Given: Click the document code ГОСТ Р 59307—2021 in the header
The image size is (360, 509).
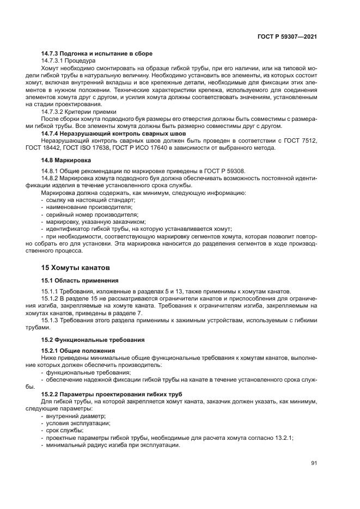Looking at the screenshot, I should [287, 36].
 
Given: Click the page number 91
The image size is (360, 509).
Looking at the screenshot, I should [314, 463].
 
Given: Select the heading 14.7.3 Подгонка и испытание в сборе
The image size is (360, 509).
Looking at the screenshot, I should [96, 53].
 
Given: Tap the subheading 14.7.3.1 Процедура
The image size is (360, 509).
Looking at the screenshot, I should [68, 61].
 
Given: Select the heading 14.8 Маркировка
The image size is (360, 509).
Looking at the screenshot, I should [65, 161].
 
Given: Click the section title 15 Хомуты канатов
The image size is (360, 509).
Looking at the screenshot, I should [76, 268].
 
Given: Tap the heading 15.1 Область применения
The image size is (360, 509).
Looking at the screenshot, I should [80, 280].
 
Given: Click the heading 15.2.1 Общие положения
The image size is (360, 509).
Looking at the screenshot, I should [78, 351].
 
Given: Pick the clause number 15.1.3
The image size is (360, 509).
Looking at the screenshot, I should [50, 321].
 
